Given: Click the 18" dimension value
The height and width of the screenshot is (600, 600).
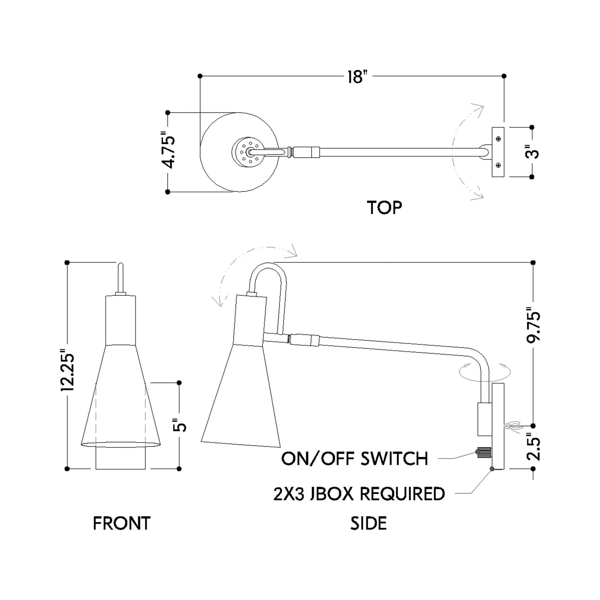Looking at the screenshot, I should coord(358,76).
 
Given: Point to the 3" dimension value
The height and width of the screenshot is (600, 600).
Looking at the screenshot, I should coord(532,152).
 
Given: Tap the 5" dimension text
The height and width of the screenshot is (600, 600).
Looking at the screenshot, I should coord(179,427).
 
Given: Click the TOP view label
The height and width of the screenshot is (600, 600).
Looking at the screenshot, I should coord(384,208).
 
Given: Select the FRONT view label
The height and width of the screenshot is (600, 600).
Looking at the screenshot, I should coord(121,524).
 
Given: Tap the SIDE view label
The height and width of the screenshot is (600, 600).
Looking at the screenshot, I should coord(368,523).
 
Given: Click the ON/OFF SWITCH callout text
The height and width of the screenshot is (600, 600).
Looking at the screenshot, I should coord(354,459).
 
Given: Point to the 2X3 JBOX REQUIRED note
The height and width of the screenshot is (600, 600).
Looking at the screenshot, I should coord(359,494).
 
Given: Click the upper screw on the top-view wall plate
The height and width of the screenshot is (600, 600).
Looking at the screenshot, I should coord(498,138).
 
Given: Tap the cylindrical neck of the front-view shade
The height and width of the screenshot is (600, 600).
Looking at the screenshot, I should coord(120,320).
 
